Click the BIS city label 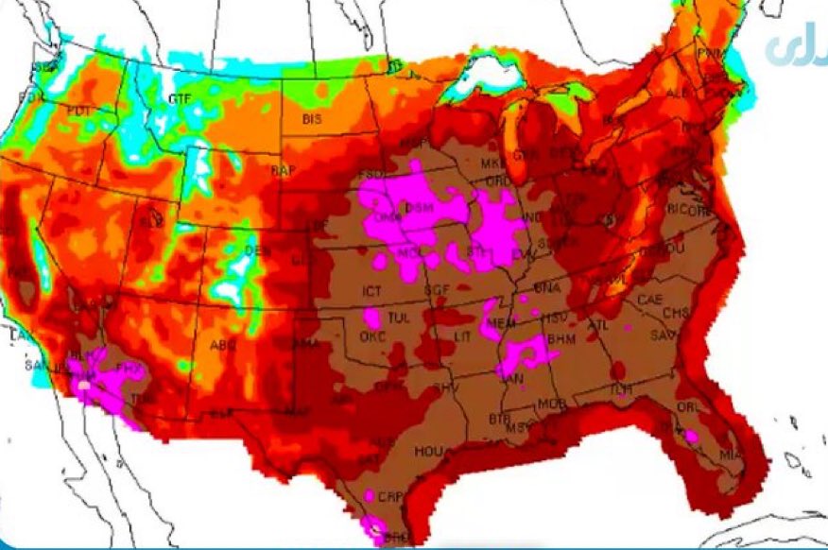tap(313, 120)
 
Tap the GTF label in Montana tap(179, 99)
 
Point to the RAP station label tap(282, 171)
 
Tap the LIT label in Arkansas tap(460, 336)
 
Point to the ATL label tap(599, 324)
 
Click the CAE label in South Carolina tap(650, 300)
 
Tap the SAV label tap(662, 336)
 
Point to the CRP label tap(389, 496)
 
